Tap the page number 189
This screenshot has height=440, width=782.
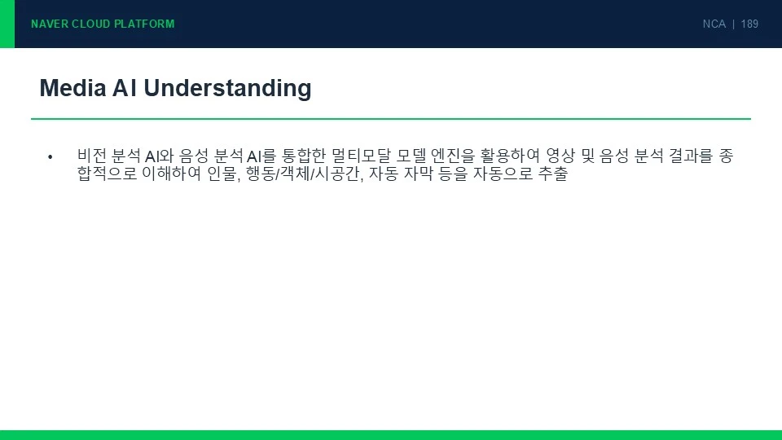[749, 24]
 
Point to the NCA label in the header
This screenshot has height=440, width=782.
[714, 24]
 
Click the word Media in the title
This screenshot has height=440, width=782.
[72, 88]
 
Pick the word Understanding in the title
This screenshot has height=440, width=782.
[227, 88]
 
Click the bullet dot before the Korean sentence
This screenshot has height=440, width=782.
[50, 157]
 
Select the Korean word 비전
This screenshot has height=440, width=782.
[92, 156]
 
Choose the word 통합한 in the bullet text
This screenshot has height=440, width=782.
[304, 156]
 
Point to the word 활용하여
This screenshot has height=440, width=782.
[510, 156]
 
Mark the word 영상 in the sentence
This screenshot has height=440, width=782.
[561, 156]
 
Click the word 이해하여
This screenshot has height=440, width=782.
[172, 174]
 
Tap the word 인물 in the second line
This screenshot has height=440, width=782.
[222, 174]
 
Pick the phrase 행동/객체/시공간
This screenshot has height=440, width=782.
[303, 174]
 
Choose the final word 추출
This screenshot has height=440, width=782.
[553, 174]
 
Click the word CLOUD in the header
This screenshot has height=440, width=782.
[91, 24]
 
